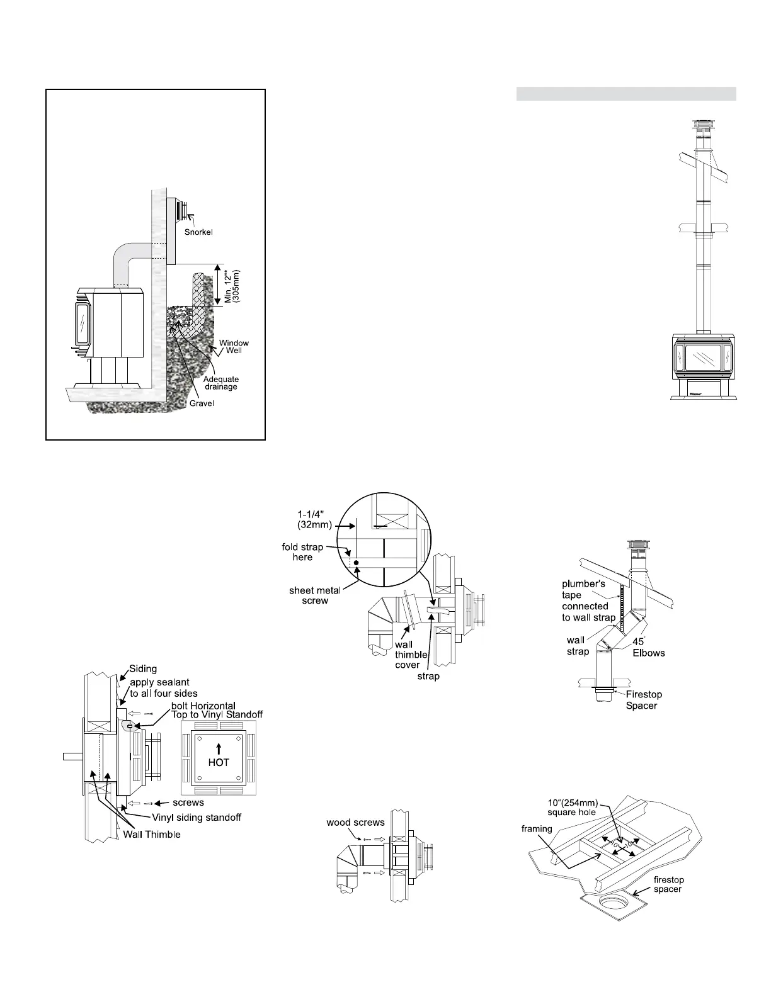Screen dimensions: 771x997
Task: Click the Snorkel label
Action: pos(198,232)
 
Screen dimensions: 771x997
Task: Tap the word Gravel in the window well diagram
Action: pos(202,403)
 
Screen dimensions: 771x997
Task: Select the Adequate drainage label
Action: pos(220,383)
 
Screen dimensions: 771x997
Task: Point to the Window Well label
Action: pos(234,347)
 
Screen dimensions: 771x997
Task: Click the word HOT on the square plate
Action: pos(219,762)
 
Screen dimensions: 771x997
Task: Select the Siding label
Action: pos(143,669)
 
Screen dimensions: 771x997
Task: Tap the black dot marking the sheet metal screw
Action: pos(356,562)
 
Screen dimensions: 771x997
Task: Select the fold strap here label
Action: pos(302,552)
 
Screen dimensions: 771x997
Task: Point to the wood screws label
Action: pos(355,822)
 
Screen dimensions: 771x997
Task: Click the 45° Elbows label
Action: pos(649,647)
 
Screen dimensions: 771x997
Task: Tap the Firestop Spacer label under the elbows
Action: pos(643,700)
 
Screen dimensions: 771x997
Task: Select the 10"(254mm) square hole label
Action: pos(572,807)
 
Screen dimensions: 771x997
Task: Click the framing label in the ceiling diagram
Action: pos(536,829)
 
